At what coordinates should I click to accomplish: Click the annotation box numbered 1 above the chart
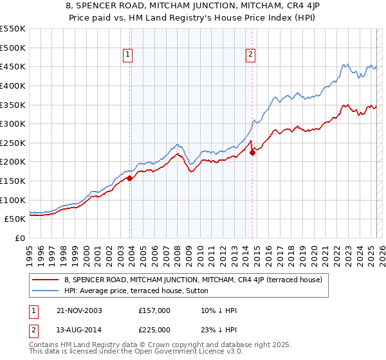click(x=129, y=55)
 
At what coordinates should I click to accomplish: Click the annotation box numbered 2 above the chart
click(x=250, y=55)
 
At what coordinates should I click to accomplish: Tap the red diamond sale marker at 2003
click(x=130, y=178)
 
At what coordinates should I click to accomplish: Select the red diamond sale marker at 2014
click(x=252, y=152)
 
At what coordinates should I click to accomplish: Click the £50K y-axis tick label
click(x=15, y=219)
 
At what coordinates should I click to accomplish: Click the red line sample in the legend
click(x=46, y=279)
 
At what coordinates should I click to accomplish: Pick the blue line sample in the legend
click(x=46, y=291)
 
